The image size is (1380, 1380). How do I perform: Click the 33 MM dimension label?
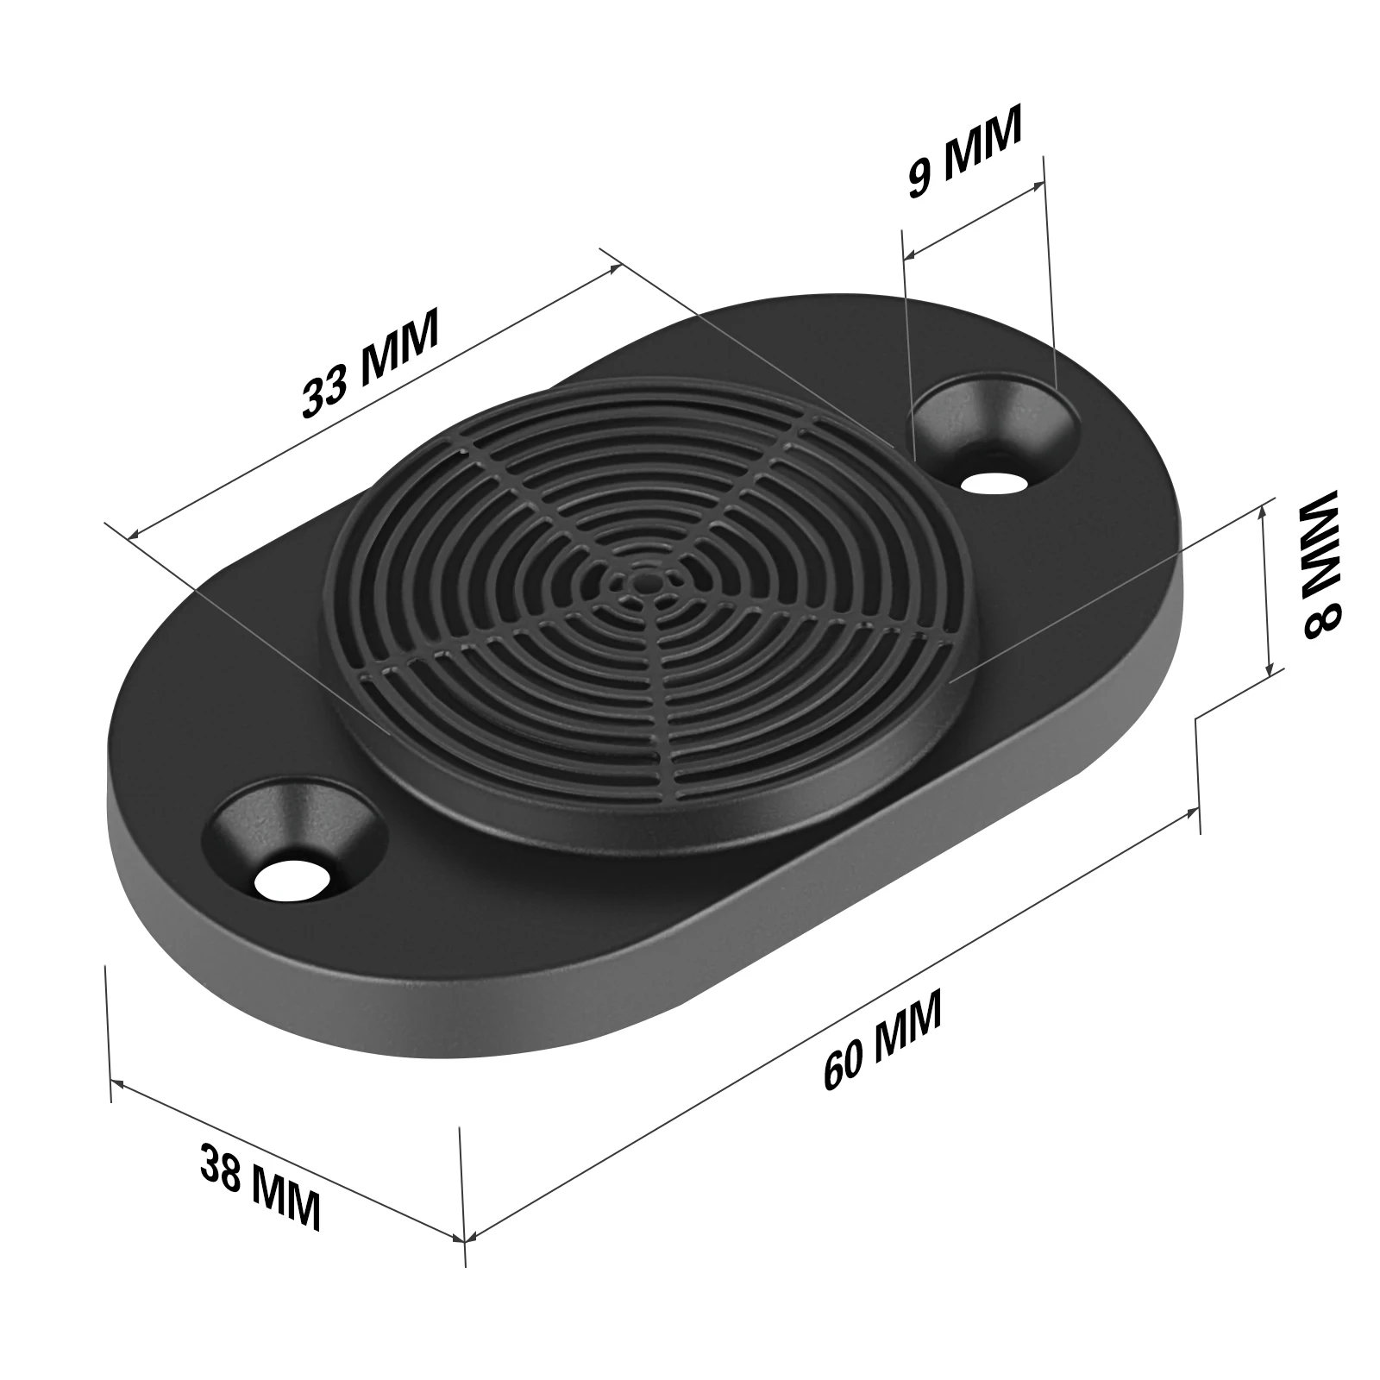[x=371, y=362]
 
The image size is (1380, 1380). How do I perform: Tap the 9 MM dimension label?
[x=964, y=152]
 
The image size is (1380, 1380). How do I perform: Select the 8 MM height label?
[x=1318, y=565]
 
